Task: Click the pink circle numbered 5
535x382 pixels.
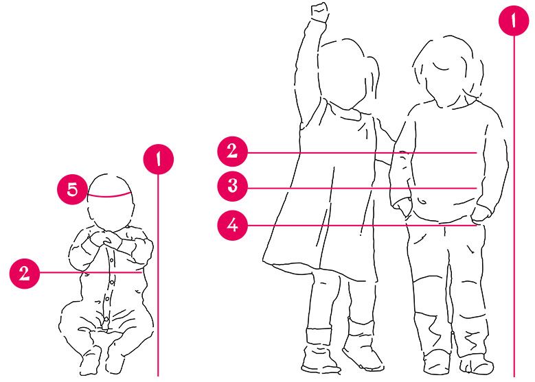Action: click(72, 189)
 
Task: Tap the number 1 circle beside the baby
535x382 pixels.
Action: click(159, 160)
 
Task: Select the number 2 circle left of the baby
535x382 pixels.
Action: click(25, 273)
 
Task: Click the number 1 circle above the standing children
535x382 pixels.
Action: click(514, 21)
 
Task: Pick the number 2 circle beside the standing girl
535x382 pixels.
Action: click(232, 152)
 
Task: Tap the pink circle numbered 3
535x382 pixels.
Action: click(232, 186)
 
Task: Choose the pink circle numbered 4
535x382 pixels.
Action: click(232, 225)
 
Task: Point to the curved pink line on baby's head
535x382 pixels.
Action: click(109, 196)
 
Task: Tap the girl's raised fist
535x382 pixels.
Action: click(319, 12)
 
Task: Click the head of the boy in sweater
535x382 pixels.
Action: click(448, 71)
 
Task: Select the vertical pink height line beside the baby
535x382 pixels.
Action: click(158, 275)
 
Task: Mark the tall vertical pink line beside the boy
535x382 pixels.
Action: click(514, 206)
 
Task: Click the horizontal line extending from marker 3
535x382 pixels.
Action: click(362, 188)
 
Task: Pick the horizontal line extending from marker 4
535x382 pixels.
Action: click(362, 225)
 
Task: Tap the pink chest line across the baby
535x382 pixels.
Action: click(91, 273)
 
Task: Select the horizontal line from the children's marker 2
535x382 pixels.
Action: click(362, 153)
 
